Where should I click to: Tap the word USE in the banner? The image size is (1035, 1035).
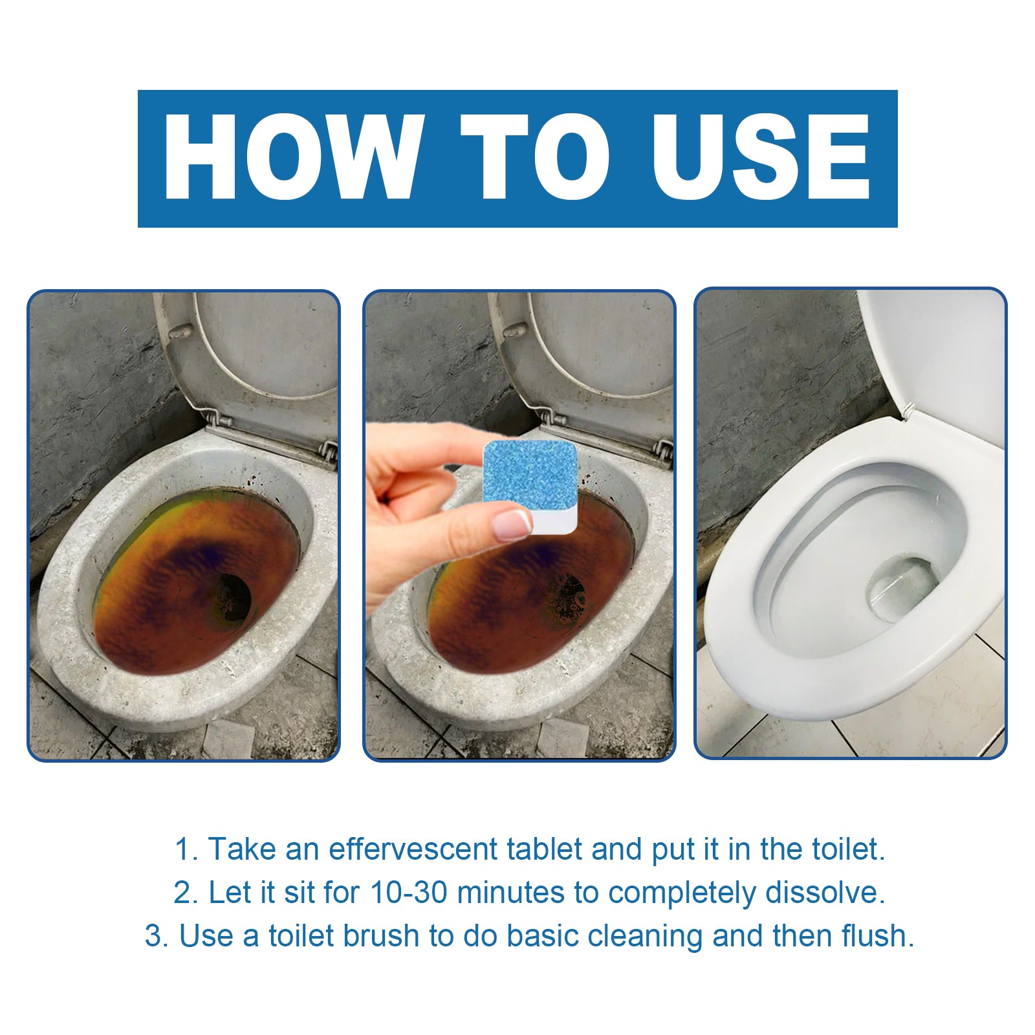[761, 157]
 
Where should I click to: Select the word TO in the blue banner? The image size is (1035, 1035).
[535, 157]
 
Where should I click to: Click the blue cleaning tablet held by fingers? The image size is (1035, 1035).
[530, 479]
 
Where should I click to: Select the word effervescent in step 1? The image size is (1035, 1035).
[414, 849]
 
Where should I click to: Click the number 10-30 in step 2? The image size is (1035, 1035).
[408, 893]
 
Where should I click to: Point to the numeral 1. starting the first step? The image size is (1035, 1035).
[186, 849]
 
